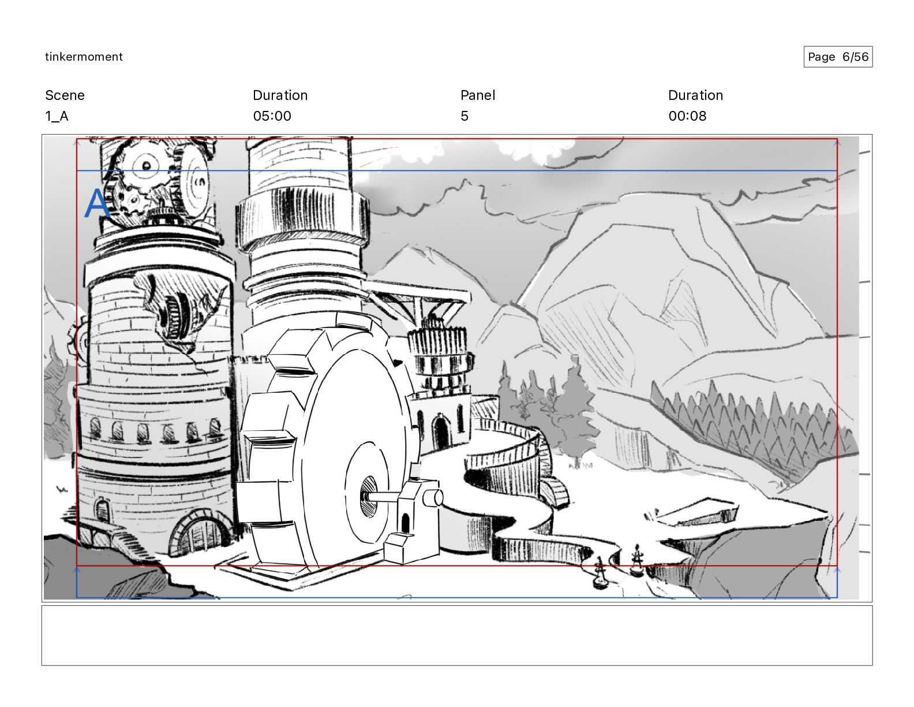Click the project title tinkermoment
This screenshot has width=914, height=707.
click(84, 57)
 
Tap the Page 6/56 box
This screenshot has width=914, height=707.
click(838, 57)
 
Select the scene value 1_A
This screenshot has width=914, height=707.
click(57, 116)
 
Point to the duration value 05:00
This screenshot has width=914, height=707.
click(272, 116)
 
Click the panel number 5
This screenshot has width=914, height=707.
click(465, 116)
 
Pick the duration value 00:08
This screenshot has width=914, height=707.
click(687, 116)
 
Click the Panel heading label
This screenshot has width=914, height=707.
click(478, 95)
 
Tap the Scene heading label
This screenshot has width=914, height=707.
click(65, 95)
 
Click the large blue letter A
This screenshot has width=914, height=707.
click(97, 203)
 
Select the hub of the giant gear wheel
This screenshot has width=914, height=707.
click(369, 496)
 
